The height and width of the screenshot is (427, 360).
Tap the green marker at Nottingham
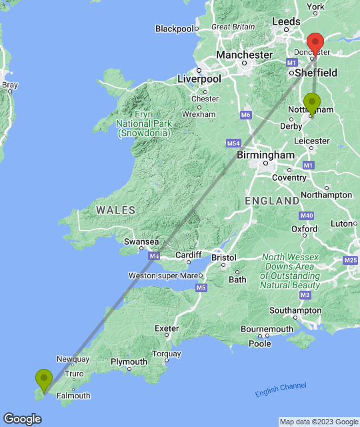[x=311, y=104]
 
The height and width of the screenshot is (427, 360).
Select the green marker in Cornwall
[x=44, y=380]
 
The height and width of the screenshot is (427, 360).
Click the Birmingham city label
[x=266, y=155]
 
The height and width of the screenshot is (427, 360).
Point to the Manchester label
[x=244, y=55]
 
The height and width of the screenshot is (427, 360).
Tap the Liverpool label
[x=199, y=79]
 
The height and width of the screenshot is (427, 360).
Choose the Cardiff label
[x=187, y=255]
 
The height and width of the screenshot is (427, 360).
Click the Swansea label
[x=143, y=242]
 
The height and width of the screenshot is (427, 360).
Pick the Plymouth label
[x=129, y=362]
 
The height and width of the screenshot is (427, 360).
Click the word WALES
[x=115, y=210]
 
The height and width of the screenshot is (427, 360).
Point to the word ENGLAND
[x=272, y=201]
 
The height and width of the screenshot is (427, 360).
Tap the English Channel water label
[x=281, y=390]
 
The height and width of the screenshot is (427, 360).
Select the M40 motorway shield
[x=307, y=216]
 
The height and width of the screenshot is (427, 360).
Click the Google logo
[x=21, y=419]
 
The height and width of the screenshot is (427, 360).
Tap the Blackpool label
[x=174, y=29]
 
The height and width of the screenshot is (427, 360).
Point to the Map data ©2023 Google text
[x=318, y=422]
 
